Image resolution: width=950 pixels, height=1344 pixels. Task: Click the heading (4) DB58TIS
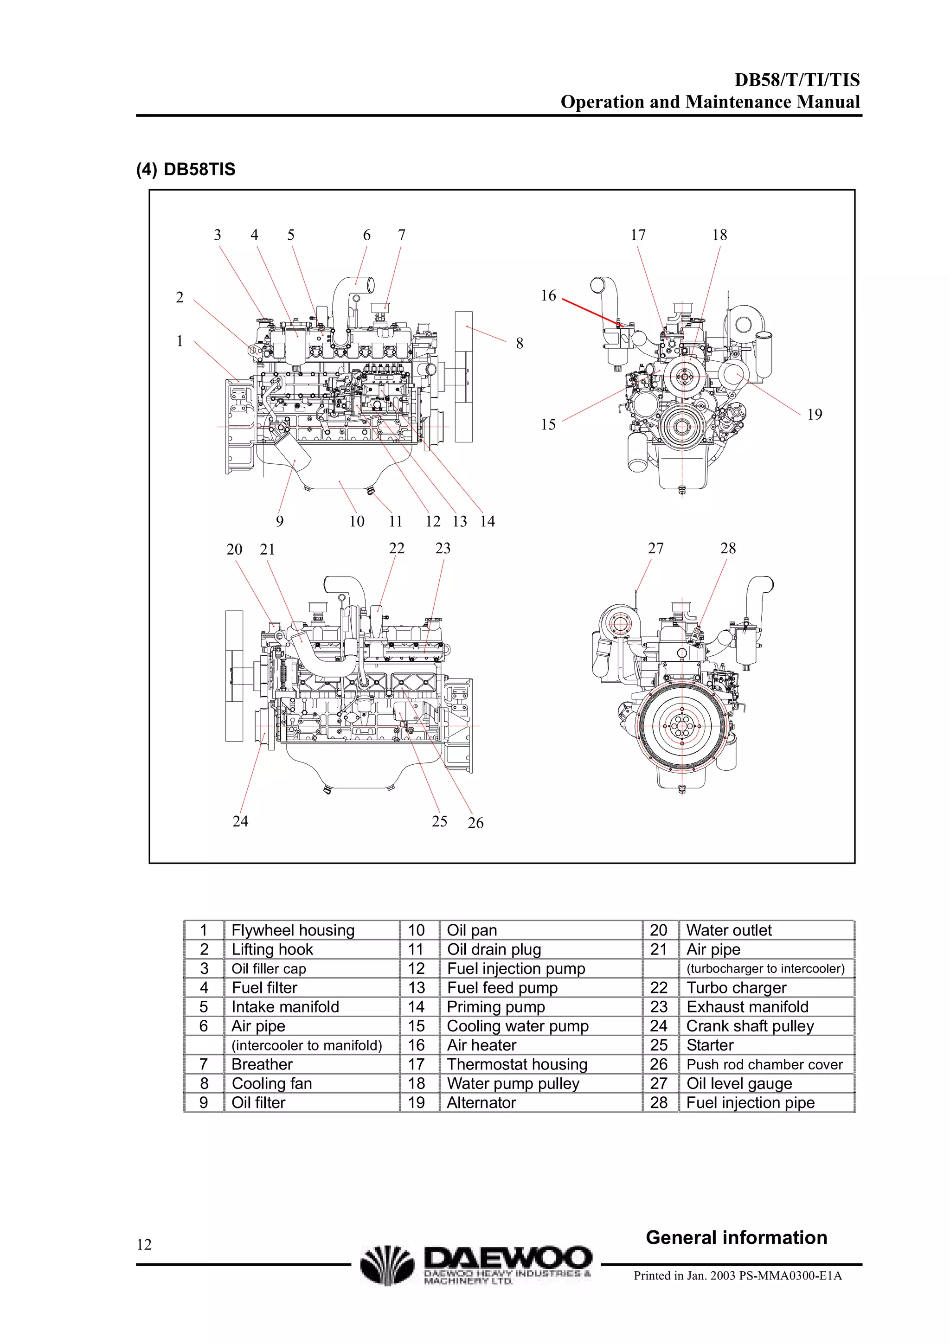tap(186, 170)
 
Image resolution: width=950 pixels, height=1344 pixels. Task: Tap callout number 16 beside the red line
tap(548, 295)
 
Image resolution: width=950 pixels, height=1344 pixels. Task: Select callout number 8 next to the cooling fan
tap(519, 344)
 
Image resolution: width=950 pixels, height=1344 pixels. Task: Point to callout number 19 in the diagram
tap(814, 415)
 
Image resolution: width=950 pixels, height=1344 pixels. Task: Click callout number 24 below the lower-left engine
tap(240, 821)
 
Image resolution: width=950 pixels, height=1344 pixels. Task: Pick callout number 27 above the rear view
tap(655, 549)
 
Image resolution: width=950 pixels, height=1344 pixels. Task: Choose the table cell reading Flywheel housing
tap(293, 930)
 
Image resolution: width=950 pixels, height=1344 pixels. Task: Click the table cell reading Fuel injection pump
tap(516, 969)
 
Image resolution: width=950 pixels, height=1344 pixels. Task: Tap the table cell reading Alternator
tap(481, 1103)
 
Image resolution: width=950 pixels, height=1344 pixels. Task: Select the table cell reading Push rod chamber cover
tap(764, 1065)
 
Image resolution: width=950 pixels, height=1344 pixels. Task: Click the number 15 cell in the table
tap(416, 1026)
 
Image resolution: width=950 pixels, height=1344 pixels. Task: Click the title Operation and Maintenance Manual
tap(710, 102)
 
